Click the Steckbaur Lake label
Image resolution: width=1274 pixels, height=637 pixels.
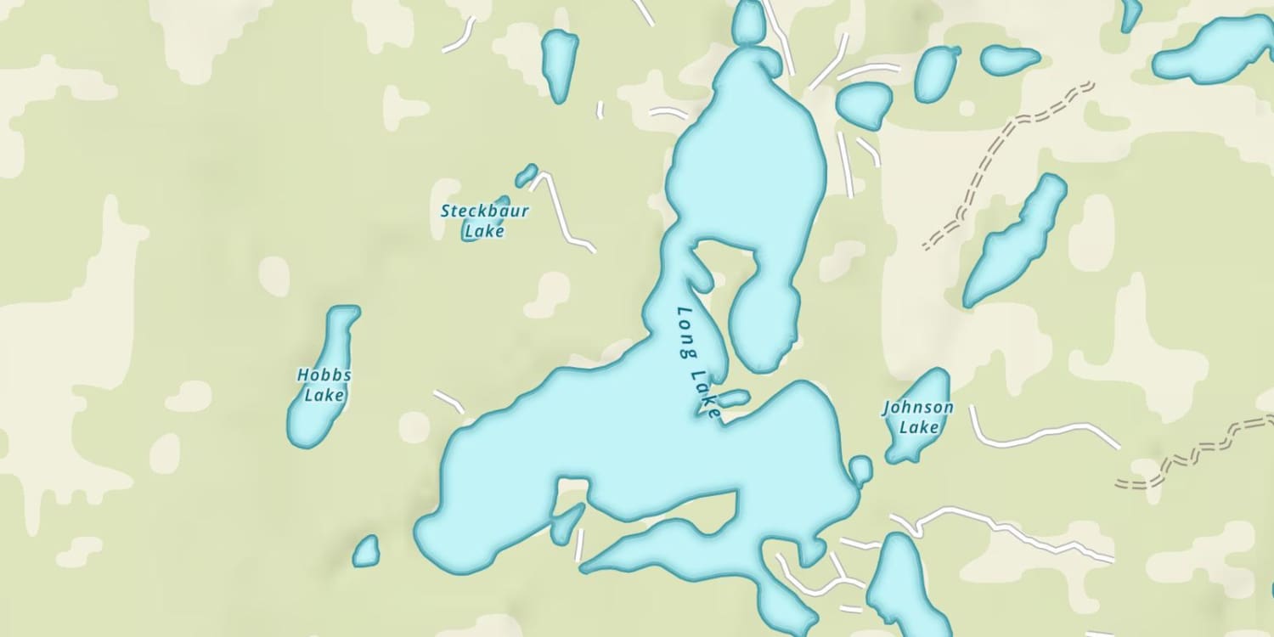[485, 220]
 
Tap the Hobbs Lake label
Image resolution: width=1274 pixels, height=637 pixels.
[324, 385]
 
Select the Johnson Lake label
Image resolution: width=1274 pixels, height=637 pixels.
[917, 417]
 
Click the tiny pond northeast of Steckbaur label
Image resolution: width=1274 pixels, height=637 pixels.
[526, 175]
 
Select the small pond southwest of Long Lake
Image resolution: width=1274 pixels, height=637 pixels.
[366, 551]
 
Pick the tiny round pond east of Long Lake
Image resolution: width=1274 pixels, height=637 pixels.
[860, 470]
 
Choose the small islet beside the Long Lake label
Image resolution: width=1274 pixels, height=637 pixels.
[734, 397]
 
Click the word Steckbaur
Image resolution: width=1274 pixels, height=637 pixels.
[485, 211]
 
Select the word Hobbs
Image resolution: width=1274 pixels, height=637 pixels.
[324, 375]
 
